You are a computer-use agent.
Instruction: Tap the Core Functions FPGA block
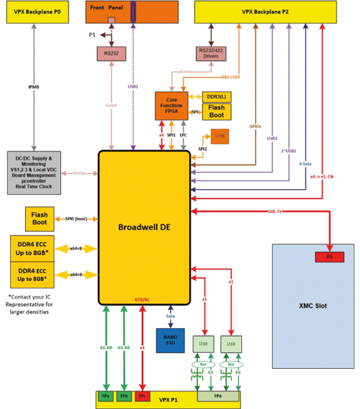[171, 105]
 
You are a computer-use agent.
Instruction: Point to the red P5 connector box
[329, 257]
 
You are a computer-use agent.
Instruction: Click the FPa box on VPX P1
[106, 395]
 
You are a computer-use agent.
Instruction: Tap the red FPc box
[143, 395]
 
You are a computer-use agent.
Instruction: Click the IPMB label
[35, 87]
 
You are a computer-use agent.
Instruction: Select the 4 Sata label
[306, 164]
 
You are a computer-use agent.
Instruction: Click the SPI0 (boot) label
[73, 219]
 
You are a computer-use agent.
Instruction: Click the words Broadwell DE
[144, 227]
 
